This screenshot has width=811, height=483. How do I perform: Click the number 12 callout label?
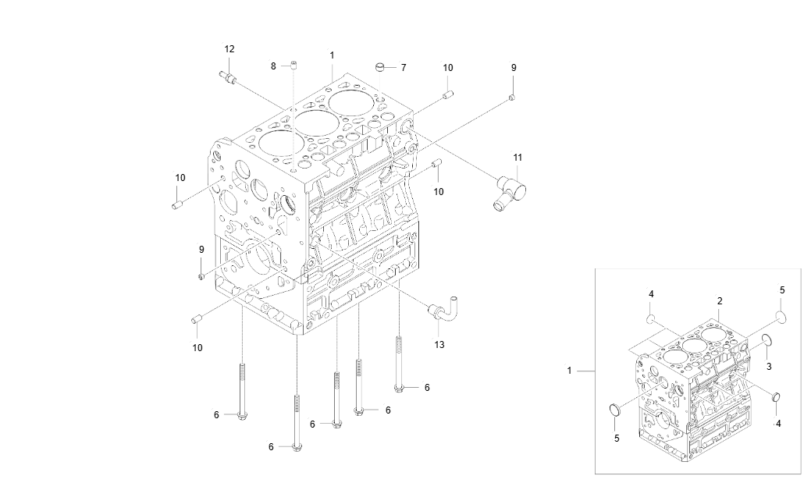tap(229, 49)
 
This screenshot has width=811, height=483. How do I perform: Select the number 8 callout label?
tap(274, 66)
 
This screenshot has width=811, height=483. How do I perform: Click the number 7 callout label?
tap(403, 68)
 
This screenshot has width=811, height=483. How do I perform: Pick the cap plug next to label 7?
tap(382, 66)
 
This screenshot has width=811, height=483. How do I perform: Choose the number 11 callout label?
tap(517, 158)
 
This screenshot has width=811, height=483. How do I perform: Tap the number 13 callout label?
tap(439, 344)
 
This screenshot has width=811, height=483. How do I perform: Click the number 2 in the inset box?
tap(720, 300)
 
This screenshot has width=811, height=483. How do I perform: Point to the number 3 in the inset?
tap(769, 366)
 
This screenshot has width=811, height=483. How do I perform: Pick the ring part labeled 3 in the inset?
tap(767, 339)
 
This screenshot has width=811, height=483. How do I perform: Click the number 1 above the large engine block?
tap(332, 55)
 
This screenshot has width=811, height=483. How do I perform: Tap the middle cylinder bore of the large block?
tap(315, 122)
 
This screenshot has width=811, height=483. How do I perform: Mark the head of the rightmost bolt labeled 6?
tap(400, 388)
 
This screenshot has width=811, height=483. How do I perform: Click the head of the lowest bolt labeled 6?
tap(297, 447)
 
